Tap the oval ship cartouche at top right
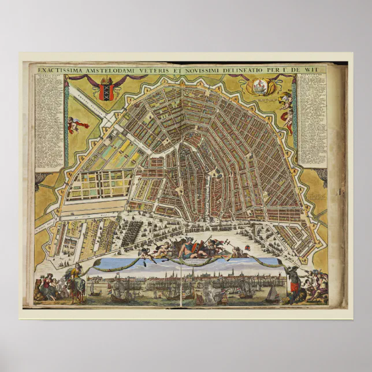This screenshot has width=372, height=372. pyautogui.click(x=258, y=87)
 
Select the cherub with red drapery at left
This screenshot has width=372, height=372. pyautogui.click(x=77, y=124)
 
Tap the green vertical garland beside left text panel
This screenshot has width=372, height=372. pyautogui.click(x=66, y=124)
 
